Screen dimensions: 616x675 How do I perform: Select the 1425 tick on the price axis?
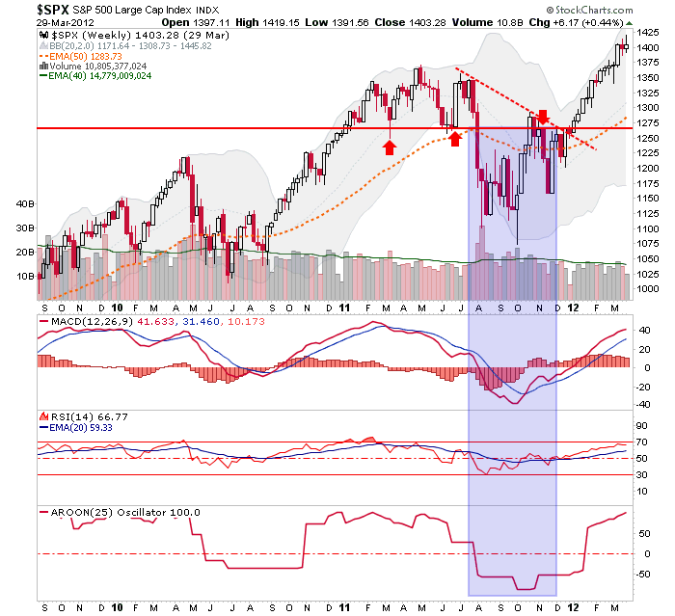point(647,32)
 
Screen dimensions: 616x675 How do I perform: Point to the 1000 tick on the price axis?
point(647,289)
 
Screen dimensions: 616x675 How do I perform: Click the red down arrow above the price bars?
point(543,116)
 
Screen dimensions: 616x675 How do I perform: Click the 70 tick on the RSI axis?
point(640,442)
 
